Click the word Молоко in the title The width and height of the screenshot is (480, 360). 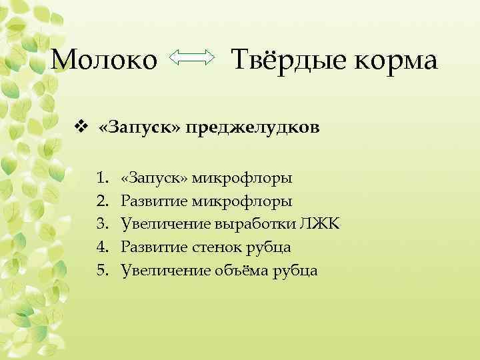tap(104, 61)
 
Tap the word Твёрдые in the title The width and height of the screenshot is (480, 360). tap(281, 61)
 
